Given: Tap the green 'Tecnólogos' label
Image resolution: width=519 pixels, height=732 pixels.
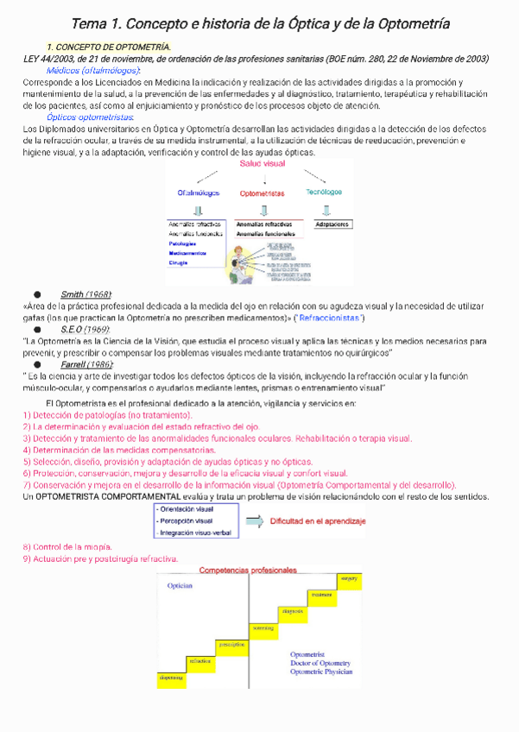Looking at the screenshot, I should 324,192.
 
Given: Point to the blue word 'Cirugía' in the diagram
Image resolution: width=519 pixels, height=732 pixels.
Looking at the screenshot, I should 179,262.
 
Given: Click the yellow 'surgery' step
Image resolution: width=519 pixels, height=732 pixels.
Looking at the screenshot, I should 349,577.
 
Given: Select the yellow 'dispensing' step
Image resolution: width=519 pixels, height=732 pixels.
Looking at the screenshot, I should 170,678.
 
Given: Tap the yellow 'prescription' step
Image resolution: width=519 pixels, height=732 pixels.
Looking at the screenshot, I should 231,644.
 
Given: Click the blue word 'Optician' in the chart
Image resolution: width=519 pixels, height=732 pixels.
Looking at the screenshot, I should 180,585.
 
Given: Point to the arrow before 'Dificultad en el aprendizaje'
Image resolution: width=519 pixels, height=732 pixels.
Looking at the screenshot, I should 254,521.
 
